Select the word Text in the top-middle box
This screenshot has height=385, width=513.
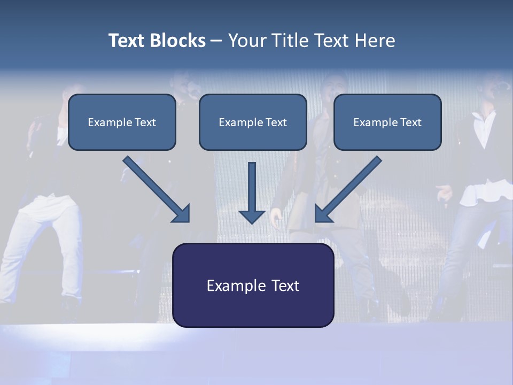coord(276,122)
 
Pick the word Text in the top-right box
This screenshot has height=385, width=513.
coord(411,122)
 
